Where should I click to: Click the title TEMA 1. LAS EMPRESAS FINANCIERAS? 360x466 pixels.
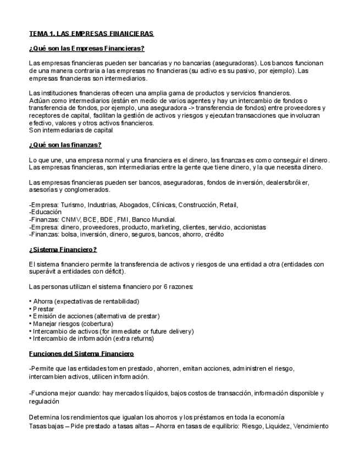click(x=91, y=34)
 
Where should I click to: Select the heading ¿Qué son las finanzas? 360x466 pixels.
click(x=65, y=145)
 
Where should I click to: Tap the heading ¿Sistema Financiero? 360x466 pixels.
click(x=63, y=249)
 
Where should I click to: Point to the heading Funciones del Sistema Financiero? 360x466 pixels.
click(x=81, y=353)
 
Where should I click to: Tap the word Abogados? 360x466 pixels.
click(x=134, y=205)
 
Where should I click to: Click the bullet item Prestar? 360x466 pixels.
click(x=43, y=309)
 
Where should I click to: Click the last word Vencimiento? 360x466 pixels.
click(x=311, y=426)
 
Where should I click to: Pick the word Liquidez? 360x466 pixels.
click(x=278, y=426)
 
